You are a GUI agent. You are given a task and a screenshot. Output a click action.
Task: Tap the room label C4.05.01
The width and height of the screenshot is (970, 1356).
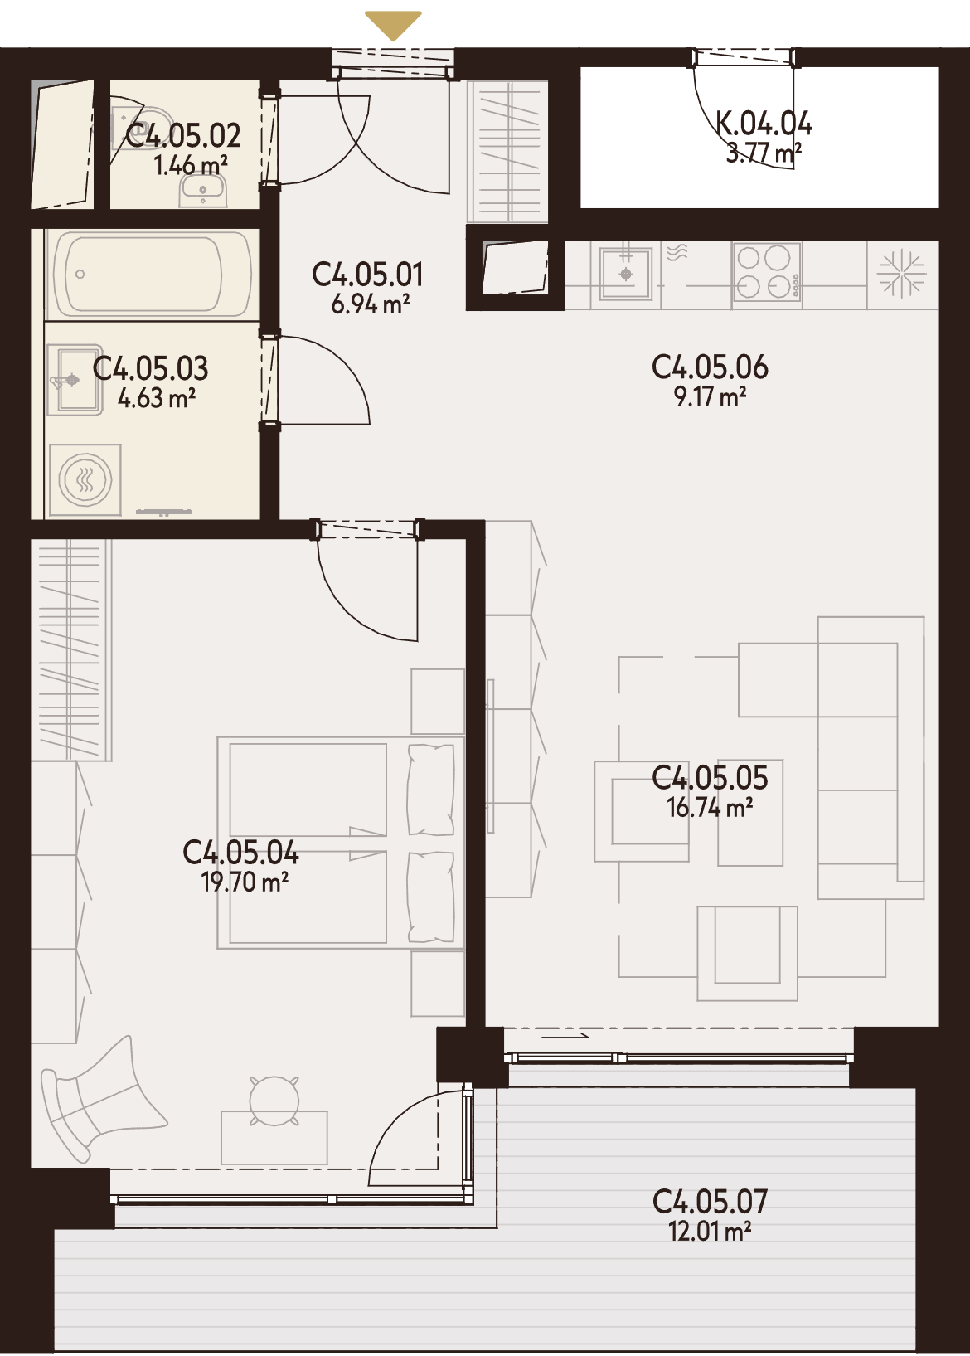tap(367, 275)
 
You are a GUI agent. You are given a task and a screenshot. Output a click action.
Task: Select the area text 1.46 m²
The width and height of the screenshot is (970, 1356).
tap(191, 165)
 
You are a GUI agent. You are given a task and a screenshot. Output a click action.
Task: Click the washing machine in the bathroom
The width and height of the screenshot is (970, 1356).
tap(85, 481)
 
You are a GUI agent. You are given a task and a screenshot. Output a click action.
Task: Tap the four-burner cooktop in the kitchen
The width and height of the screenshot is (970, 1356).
tap(767, 272)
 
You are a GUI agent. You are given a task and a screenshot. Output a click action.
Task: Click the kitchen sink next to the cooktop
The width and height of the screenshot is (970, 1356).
tap(626, 275)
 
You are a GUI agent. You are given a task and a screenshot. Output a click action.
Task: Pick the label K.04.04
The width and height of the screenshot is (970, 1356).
tap(764, 124)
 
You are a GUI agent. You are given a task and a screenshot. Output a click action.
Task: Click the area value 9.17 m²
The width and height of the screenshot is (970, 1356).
tap(710, 397)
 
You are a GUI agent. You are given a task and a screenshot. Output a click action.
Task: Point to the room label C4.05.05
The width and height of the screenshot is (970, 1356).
tap(710, 778)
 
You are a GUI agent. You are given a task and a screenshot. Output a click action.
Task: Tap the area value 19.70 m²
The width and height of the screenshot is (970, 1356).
tap(245, 882)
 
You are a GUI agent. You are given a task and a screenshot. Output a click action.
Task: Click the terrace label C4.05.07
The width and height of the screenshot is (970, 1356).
tap(710, 1202)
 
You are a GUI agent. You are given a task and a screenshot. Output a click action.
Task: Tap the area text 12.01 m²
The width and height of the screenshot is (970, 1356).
tap(710, 1232)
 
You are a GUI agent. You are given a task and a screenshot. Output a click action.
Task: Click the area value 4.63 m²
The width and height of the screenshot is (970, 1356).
tap(157, 398)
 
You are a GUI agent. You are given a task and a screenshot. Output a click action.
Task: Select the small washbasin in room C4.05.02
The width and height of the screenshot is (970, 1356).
tap(203, 190)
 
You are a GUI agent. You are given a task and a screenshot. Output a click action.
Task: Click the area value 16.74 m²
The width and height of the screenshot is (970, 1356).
tap(710, 808)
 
